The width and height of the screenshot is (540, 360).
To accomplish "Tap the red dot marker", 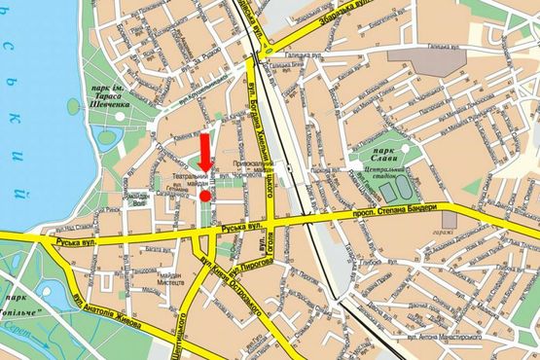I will point(205,197).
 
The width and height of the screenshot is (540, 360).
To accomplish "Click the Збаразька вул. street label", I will point(318,26).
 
